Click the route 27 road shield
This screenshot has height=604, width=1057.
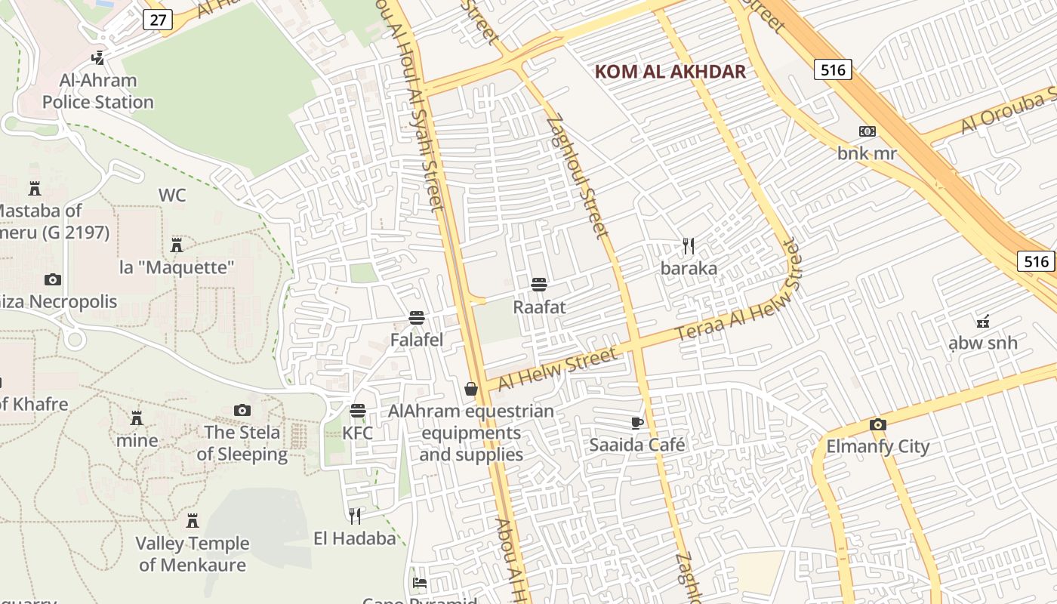(157, 20)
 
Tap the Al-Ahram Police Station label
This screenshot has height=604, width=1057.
(97, 91)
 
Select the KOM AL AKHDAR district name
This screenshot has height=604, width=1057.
(670, 72)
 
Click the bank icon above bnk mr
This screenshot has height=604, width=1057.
(867, 131)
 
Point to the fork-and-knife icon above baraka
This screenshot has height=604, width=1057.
(688, 246)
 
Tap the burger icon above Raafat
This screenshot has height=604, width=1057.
(539, 285)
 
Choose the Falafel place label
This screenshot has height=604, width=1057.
(416, 340)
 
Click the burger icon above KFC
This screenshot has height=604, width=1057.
(358, 411)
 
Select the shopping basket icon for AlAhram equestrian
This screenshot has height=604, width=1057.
(471, 389)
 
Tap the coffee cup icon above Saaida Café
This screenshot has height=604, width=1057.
(636, 423)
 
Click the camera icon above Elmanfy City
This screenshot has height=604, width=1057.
(877, 424)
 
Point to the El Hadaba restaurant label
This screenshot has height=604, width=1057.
(355, 538)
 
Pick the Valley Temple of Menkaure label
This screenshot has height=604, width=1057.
(193, 553)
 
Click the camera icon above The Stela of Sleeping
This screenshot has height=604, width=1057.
(242, 411)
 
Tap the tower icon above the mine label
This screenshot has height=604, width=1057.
(137, 418)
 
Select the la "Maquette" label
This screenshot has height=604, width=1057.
(177, 267)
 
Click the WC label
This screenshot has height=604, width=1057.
(172, 196)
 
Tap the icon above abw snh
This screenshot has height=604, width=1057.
(982, 322)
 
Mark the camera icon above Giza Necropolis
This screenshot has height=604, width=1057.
(52, 280)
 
